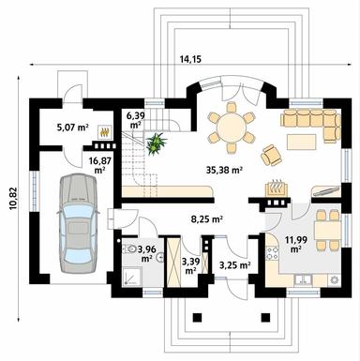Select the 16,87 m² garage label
tap(98, 166)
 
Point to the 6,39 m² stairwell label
tap(136, 119)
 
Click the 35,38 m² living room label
tap(224, 171)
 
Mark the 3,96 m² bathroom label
tap(147, 252)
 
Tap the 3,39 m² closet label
tap(190, 263)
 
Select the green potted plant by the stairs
tap(155, 143)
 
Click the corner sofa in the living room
tap(314, 123)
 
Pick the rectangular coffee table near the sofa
tap(300, 142)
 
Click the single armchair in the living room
tap(271, 153)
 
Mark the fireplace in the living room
tap(276, 192)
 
